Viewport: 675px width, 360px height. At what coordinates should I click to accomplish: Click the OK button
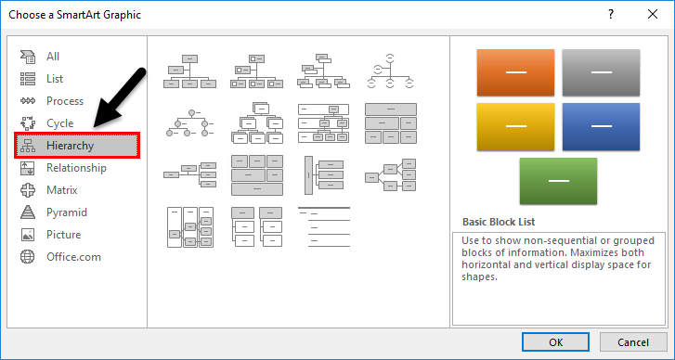point(555,341)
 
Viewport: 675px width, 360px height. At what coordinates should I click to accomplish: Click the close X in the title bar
point(653,14)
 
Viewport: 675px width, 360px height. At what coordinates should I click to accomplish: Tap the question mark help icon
point(610,14)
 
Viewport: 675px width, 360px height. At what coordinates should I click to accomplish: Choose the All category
point(53,57)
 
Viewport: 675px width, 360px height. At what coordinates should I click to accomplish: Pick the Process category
point(65,101)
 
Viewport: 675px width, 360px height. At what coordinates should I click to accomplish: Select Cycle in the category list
point(59,123)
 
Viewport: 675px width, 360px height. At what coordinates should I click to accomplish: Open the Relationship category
point(76,168)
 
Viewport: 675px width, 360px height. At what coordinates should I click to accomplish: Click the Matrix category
point(63,190)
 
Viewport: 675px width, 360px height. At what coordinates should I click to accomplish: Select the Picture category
point(63,235)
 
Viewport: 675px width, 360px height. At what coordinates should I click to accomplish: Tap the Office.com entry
point(73,257)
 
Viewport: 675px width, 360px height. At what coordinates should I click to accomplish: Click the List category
point(55,79)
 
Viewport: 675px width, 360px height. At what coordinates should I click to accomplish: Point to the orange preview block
point(514,71)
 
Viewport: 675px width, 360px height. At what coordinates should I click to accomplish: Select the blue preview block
point(601,126)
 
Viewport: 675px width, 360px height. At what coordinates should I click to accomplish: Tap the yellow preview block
point(514,126)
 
